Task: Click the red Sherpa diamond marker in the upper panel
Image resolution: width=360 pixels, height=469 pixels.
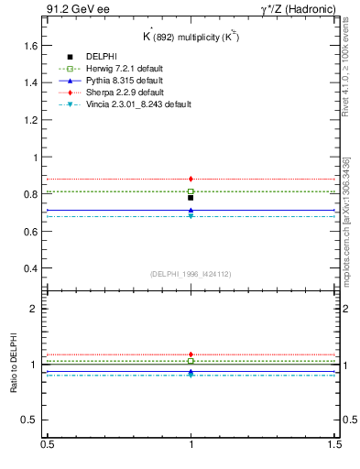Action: coord(191,179)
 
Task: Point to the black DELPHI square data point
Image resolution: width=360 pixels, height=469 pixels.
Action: coord(191,198)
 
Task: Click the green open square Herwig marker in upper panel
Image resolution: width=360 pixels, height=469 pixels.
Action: coord(191,191)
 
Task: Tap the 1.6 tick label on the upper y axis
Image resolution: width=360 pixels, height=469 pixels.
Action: coord(30,45)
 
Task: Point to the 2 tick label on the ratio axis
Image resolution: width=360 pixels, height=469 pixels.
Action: coord(34,309)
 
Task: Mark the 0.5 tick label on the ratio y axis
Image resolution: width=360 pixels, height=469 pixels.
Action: coord(30,420)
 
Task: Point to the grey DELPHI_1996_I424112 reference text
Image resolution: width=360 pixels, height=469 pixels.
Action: coord(191,274)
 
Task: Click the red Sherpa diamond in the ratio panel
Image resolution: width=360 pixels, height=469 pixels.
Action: coord(191,354)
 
